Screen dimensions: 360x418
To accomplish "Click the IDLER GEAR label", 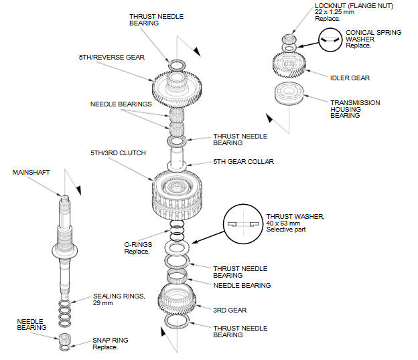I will [350, 78].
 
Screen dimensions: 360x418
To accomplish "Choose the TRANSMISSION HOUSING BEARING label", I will [354, 109].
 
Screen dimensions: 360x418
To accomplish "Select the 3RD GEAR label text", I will [230, 310].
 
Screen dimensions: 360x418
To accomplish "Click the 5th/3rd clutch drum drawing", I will [179, 193].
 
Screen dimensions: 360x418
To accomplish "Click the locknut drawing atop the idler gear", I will [289, 38].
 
